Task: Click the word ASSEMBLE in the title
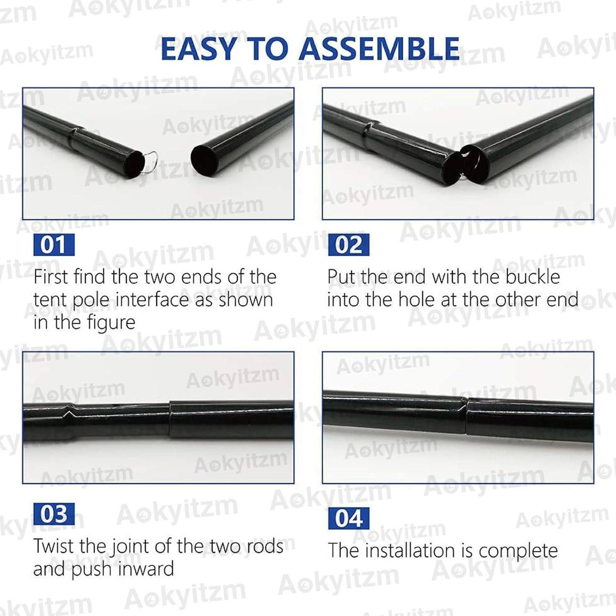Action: coord(379,48)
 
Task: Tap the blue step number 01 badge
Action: coord(53,245)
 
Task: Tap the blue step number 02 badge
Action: coord(349,245)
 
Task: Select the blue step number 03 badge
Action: coord(53,514)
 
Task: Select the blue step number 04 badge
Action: coord(349,518)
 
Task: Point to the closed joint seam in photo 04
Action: coord(467,416)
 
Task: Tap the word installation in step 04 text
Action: coord(411,551)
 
